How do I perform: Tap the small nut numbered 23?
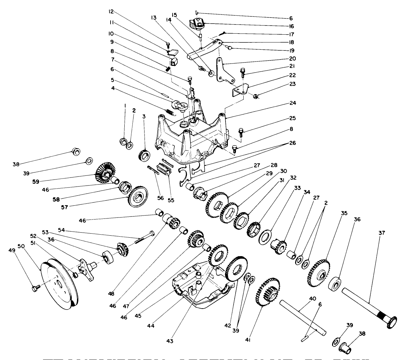255,97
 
